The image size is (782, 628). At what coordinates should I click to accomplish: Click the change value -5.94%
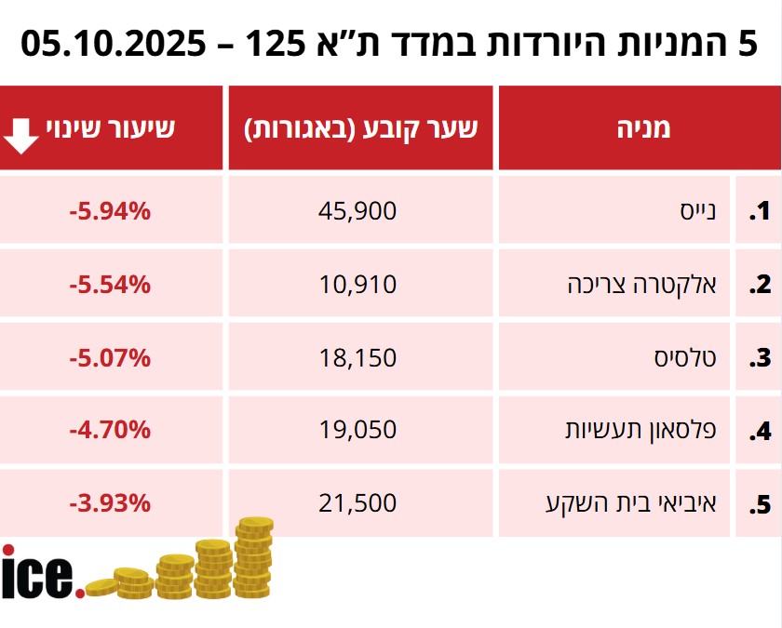109,211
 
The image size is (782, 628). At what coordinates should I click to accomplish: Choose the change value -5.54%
109,284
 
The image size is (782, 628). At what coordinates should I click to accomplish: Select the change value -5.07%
109,357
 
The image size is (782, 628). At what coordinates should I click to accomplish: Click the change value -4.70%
109,430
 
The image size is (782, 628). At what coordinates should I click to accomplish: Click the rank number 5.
761,505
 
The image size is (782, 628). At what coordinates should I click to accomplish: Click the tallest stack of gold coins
253,558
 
